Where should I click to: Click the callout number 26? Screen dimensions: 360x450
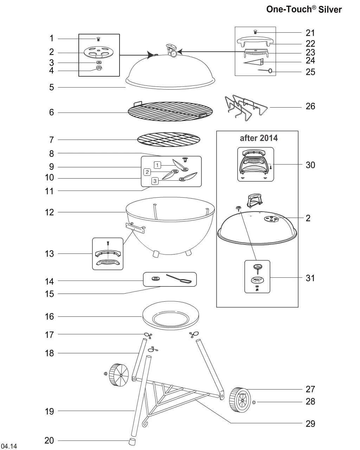click(x=310, y=106)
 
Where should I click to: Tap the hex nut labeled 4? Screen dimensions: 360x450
click(x=99, y=67)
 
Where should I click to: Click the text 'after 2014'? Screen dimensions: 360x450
click(x=258, y=138)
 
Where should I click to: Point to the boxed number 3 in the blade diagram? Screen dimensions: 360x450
click(x=155, y=181)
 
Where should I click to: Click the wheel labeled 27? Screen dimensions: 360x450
click(x=240, y=400)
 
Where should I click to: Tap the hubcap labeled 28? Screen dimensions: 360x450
click(x=254, y=402)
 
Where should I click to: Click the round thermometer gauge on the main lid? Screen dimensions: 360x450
click(x=173, y=54)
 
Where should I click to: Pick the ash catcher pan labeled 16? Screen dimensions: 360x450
click(x=171, y=315)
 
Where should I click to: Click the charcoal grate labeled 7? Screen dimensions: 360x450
click(x=169, y=140)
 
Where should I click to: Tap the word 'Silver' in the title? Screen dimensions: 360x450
click(x=330, y=9)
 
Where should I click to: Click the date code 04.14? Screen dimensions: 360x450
click(x=9, y=446)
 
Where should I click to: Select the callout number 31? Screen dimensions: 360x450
click(x=310, y=278)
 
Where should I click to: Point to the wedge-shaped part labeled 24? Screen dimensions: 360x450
click(x=253, y=62)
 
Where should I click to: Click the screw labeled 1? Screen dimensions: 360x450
click(x=98, y=39)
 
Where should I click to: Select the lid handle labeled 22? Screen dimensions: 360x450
click(x=255, y=41)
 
